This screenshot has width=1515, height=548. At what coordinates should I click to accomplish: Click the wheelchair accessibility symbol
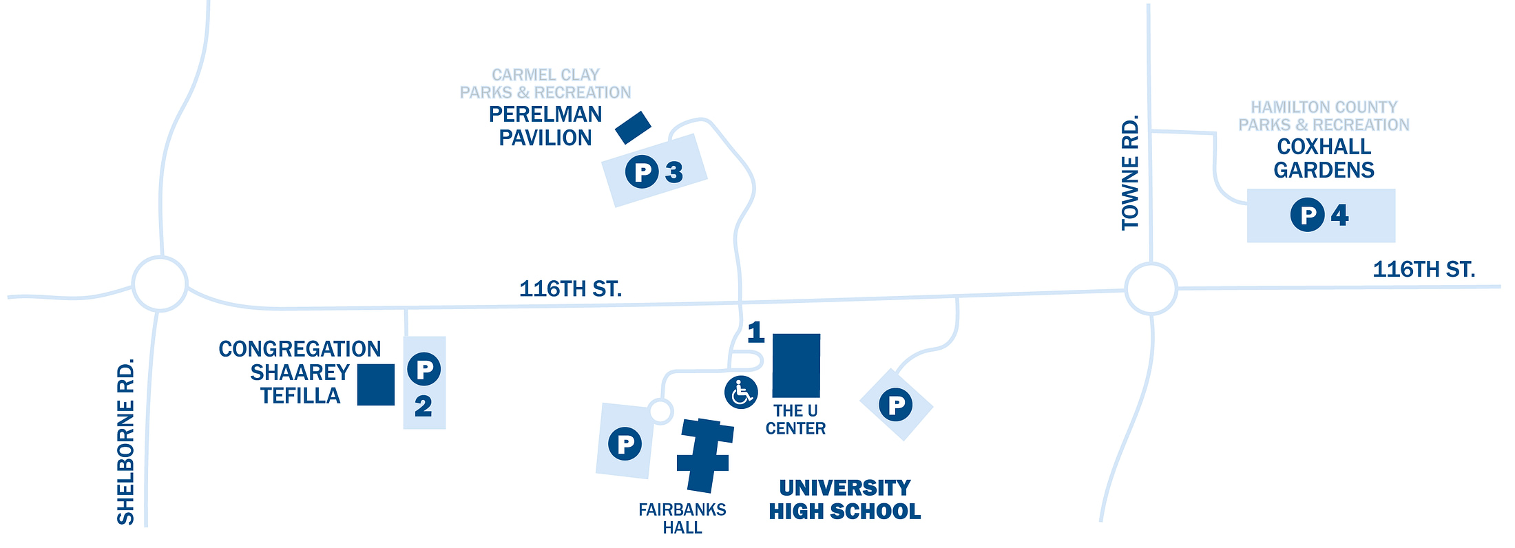pos(741,392)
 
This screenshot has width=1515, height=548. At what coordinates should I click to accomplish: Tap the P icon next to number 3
pos(642,171)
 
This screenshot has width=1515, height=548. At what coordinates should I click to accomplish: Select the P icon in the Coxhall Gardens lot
pos(1307,215)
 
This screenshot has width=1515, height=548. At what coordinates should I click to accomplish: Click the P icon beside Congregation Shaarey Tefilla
pos(424,369)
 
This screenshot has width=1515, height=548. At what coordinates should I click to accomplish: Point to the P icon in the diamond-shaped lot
pos(896,405)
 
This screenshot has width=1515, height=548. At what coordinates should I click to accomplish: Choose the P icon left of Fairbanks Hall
pos(625,443)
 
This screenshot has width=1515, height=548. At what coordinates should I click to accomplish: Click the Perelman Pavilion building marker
pos(633,128)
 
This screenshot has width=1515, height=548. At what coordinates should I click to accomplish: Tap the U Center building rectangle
pos(796,366)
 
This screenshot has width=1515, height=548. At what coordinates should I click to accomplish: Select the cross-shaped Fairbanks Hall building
pos(704,455)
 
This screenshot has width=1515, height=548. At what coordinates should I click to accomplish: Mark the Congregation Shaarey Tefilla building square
pos(376,385)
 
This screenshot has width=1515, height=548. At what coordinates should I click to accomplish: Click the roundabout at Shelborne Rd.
pos(160,284)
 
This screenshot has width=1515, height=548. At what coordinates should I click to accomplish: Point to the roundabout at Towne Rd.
pos(1151,288)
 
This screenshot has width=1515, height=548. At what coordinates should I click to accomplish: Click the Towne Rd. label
pos(1130,173)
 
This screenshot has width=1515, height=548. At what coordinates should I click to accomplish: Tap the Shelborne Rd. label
pos(125,442)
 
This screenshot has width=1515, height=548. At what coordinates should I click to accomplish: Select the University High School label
pos(845,500)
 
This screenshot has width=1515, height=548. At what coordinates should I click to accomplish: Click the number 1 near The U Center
pos(756,332)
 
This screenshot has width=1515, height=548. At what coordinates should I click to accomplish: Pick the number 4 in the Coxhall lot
pos(1339,215)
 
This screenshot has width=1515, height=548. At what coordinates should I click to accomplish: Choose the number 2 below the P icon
pos(424,406)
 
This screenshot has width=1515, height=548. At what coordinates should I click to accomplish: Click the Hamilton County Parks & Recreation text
pos(1324,116)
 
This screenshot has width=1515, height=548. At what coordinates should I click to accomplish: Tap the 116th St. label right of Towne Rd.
pos(1424,269)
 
